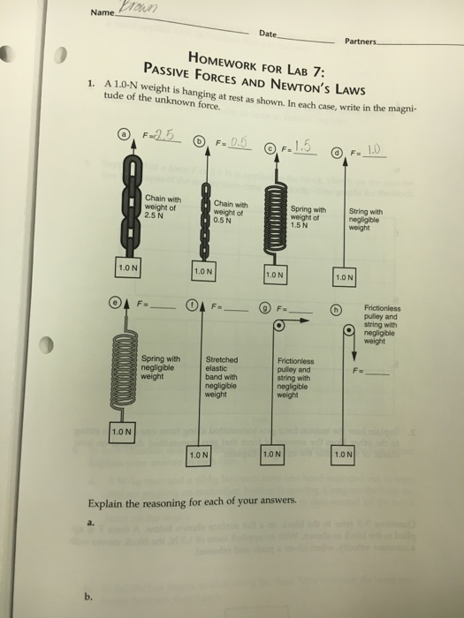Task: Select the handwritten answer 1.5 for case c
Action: coord(304,144)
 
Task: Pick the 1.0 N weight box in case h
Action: coord(344,454)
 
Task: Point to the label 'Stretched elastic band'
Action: coord(223,378)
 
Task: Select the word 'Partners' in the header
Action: coord(361,41)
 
